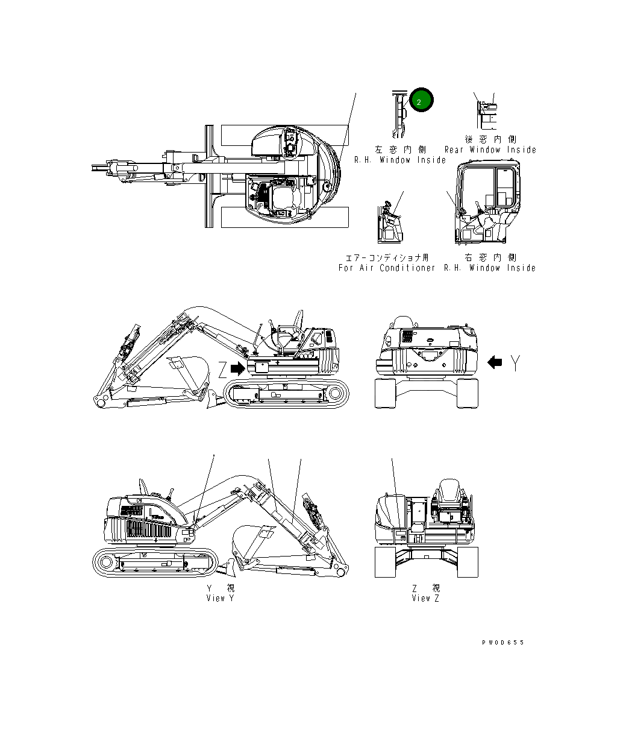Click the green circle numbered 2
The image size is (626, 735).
coord(420,101)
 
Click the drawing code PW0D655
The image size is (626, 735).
coord(503,643)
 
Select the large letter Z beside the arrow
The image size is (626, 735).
coord(223,368)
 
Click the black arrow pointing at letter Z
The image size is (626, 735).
coord(239,368)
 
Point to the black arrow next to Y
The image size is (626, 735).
coord(495,362)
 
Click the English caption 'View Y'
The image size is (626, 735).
coord(220,598)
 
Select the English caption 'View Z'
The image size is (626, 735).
coord(425,598)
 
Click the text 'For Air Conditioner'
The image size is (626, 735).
coord(386,268)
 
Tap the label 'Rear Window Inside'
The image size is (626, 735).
coord(490,150)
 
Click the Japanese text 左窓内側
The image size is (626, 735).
coord(400,150)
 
